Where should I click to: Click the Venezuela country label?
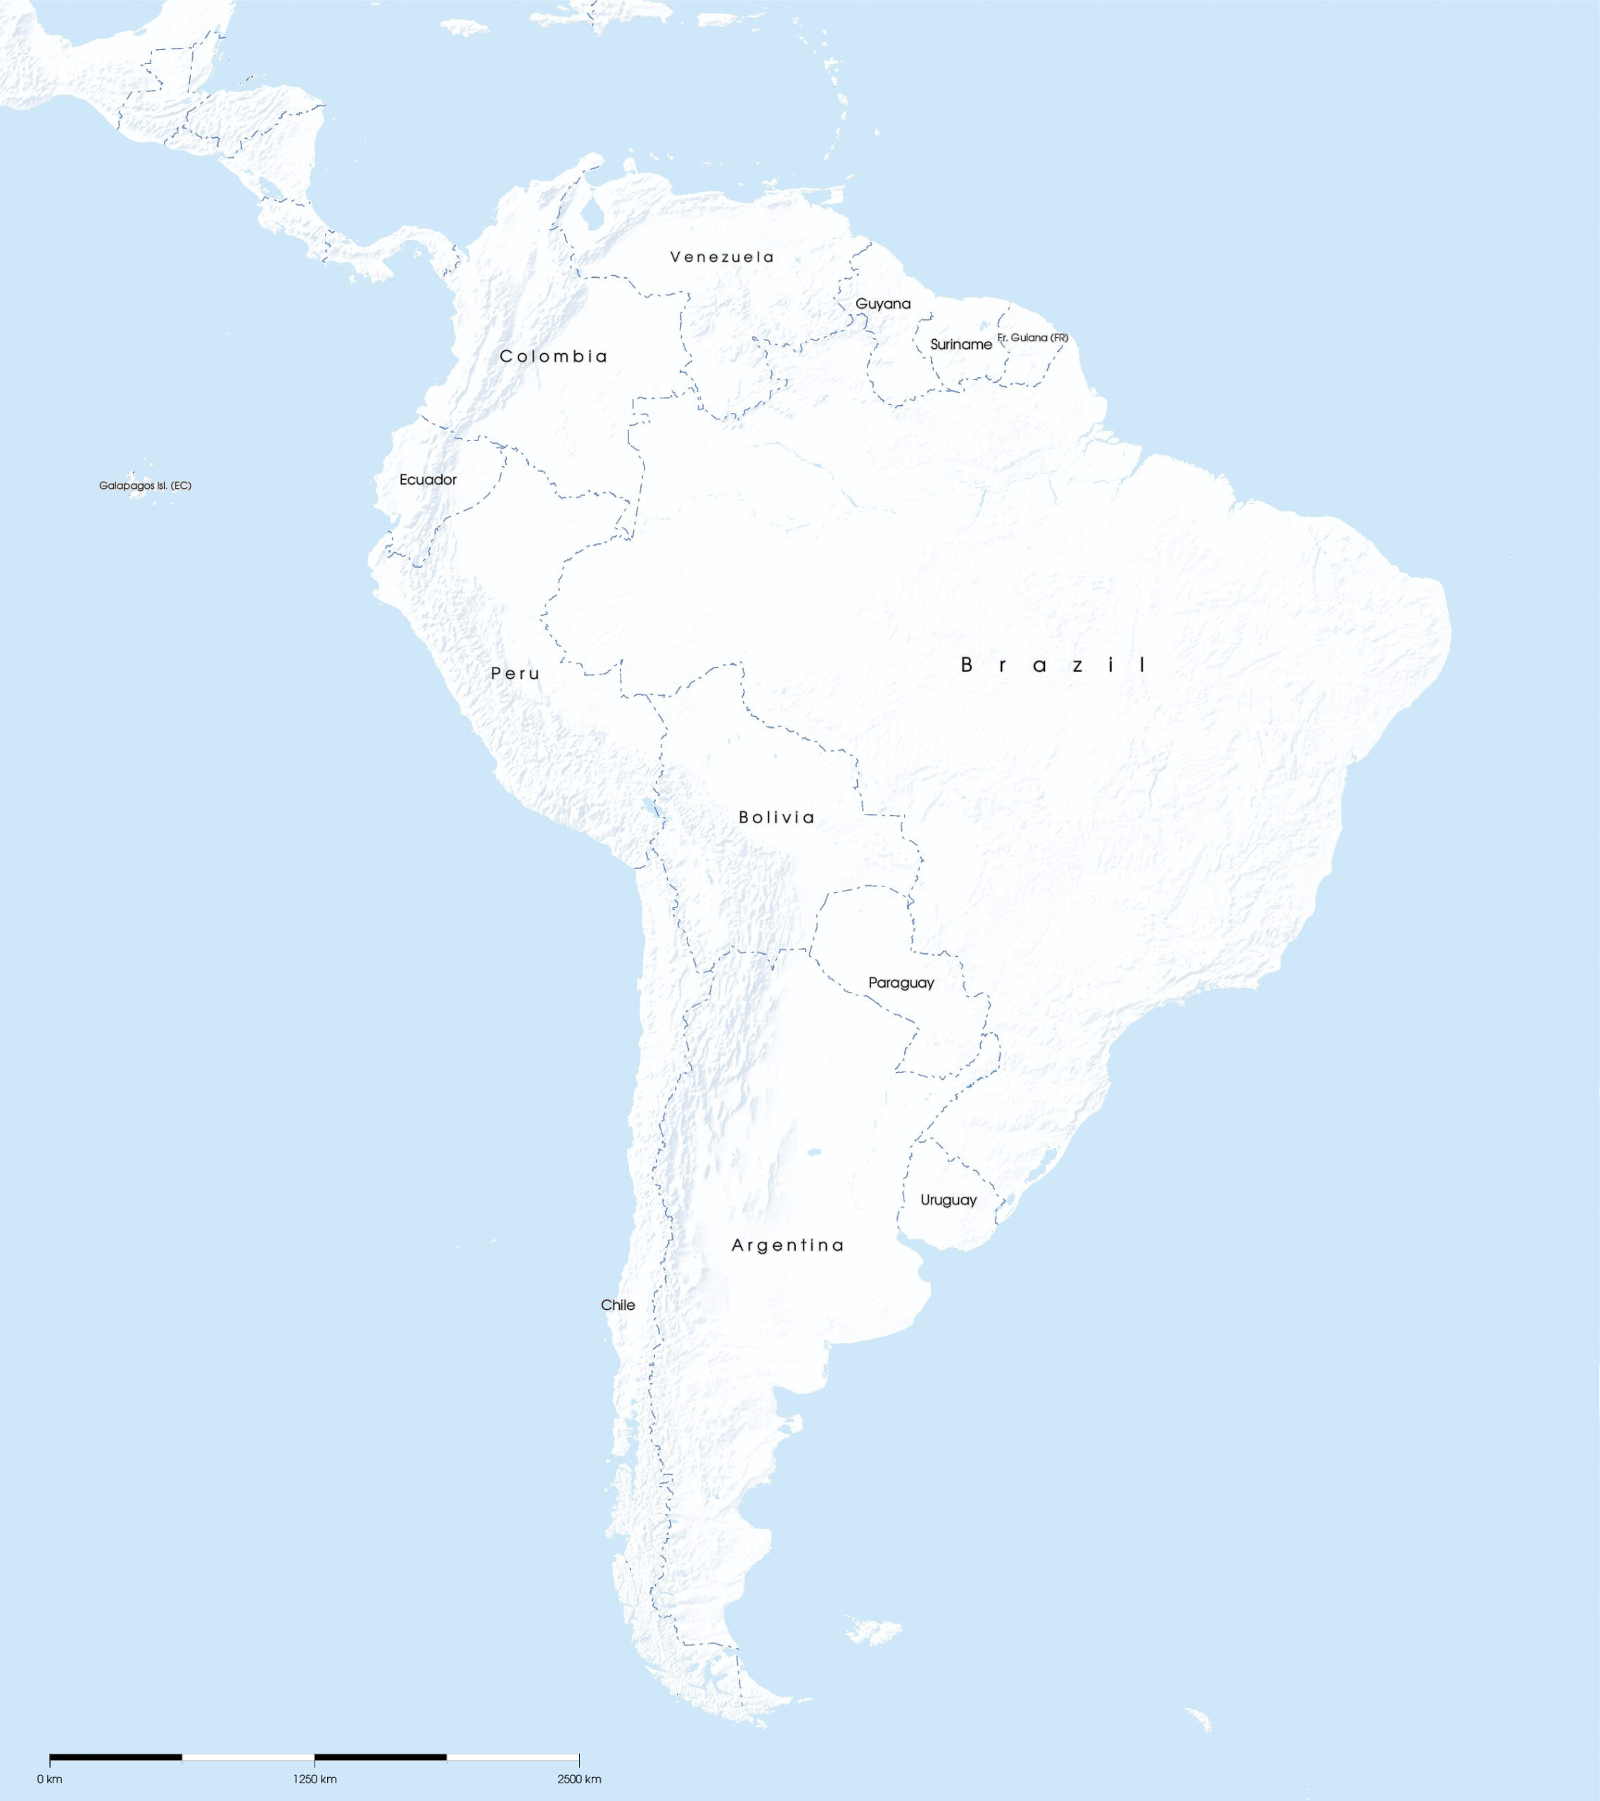pyautogui.click(x=722, y=257)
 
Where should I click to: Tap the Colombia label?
pyautogui.click(x=553, y=356)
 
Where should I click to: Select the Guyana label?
pyautogui.click(x=883, y=304)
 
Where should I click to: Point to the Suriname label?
pyautogui.click(x=960, y=345)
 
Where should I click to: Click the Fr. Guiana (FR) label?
pyautogui.click(x=1033, y=338)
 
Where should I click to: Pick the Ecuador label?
pyautogui.click(x=428, y=479)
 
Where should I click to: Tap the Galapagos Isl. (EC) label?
pyautogui.click(x=144, y=485)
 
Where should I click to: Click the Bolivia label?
pyautogui.click(x=776, y=817)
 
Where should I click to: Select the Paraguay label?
pyautogui.click(x=901, y=982)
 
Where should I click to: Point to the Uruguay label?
pyautogui.click(x=948, y=1200)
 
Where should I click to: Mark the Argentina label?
pyautogui.click(x=787, y=1245)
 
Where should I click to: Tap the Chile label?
pyautogui.click(x=618, y=1305)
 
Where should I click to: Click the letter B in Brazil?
pyautogui.click(x=967, y=666)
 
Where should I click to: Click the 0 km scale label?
pyautogui.click(x=49, y=1779)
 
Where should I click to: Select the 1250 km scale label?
pyautogui.click(x=315, y=1779)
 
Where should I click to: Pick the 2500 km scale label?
pyautogui.click(x=579, y=1779)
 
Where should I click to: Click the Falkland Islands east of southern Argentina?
pyautogui.click(x=874, y=1631)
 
